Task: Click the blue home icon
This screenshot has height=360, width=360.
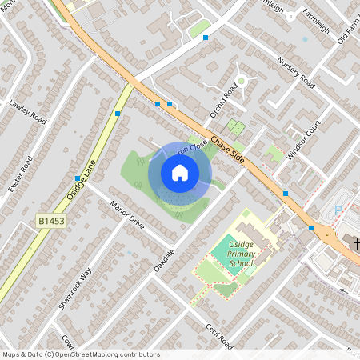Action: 180,173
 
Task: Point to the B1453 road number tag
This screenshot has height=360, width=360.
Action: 52,218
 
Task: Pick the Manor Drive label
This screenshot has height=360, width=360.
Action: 127,214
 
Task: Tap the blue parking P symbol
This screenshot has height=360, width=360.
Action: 338,210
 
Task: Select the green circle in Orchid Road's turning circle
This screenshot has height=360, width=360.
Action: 241,81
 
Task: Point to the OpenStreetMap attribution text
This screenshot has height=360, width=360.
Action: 80,354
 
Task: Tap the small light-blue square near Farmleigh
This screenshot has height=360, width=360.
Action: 305,38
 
